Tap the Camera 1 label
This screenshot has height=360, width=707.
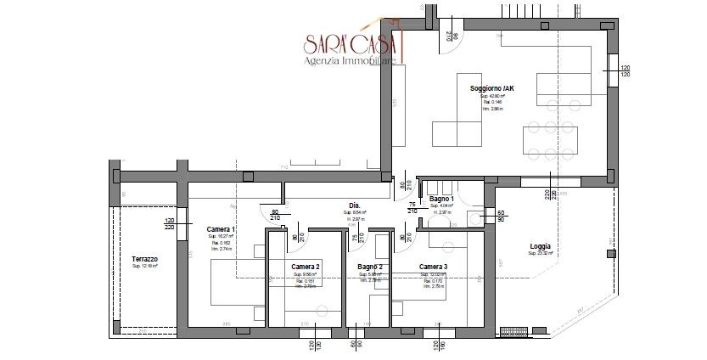click(221, 229)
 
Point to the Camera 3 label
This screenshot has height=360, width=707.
click(433, 266)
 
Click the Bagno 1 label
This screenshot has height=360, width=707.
click(441, 199)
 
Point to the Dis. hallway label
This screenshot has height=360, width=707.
click(355, 206)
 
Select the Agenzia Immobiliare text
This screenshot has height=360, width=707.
click(349, 60)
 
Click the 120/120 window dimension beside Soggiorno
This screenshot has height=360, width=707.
click(625, 71)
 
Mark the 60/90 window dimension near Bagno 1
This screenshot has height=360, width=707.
click(501, 216)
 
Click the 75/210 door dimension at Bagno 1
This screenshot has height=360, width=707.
click(412, 206)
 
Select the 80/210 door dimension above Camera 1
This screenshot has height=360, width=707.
click(275, 216)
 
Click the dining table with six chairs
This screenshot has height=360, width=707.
click(547, 139)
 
